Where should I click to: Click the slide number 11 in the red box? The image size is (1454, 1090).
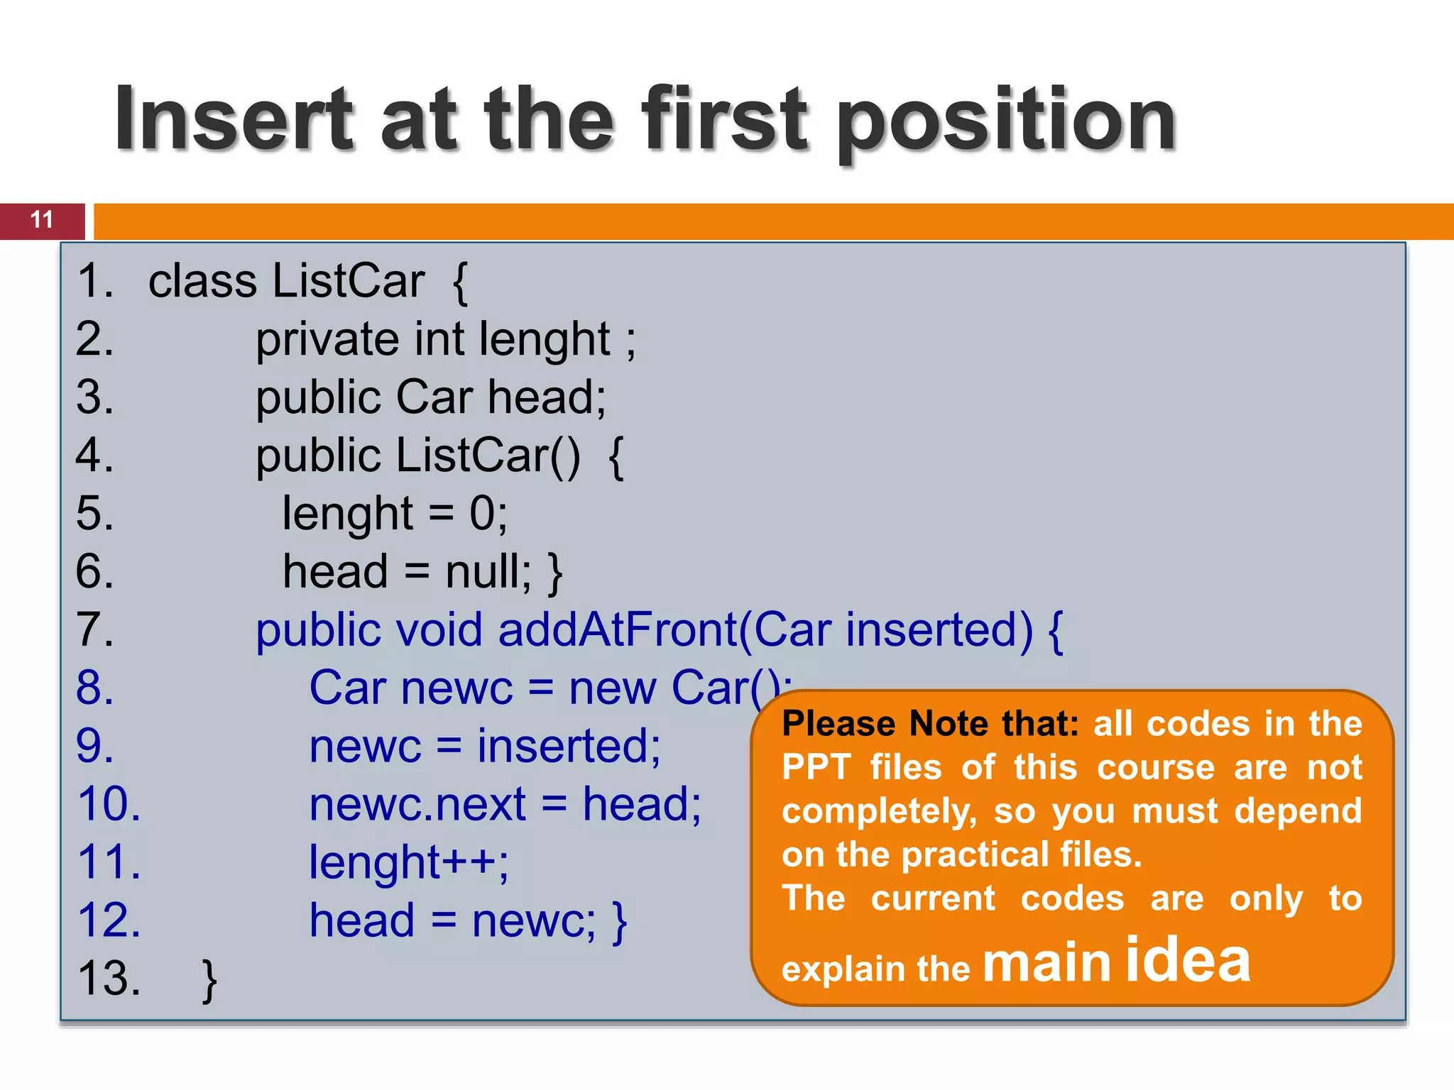click(42, 220)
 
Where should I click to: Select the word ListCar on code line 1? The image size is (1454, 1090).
click(349, 281)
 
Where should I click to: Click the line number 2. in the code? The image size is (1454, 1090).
click(94, 339)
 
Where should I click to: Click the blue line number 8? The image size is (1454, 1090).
click(94, 688)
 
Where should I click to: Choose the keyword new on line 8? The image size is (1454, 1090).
click(613, 688)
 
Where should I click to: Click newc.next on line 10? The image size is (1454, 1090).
click(417, 805)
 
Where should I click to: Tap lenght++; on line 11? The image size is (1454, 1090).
click(408, 863)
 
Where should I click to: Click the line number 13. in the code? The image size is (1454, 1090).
click(109, 979)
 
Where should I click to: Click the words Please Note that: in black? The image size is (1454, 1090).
click(930, 724)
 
